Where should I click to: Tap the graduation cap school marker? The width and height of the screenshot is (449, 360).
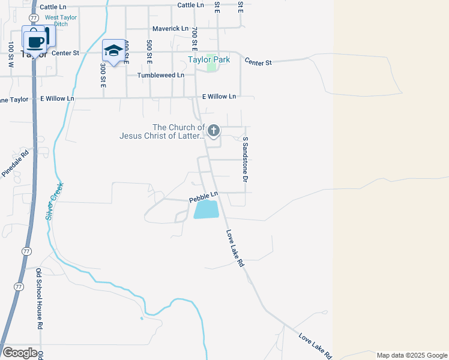pyautogui.click(x=113, y=50)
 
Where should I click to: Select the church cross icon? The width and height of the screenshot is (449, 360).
pyautogui.click(x=213, y=130)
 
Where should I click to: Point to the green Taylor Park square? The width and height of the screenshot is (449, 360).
pyautogui.click(x=211, y=66)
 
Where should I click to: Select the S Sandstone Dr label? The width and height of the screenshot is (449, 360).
pyautogui.click(x=246, y=159)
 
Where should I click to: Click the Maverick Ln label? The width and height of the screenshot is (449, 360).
pyautogui.click(x=170, y=28)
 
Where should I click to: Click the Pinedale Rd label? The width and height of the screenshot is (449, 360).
pyautogui.click(x=16, y=163)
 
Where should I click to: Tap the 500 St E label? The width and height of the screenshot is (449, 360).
pyautogui.click(x=148, y=52)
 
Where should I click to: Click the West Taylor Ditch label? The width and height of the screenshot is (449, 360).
pyautogui.click(x=61, y=21)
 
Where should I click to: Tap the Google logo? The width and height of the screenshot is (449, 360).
pyautogui.click(x=19, y=353)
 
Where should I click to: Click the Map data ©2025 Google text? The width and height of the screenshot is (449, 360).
pyautogui.click(x=411, y=355)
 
